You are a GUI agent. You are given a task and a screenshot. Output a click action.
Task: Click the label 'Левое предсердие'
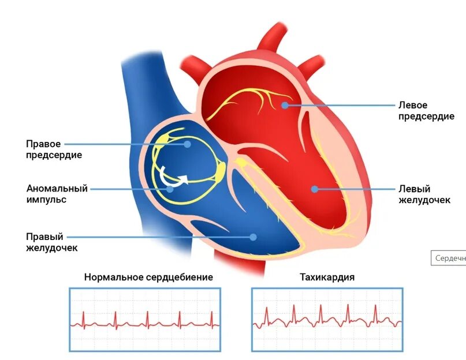point(426,111)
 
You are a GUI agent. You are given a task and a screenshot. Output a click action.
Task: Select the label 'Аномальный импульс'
point(57,194)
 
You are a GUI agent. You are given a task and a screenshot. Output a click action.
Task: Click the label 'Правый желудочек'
point(52,242)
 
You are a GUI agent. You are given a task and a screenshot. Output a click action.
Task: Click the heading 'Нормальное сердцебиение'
point(148,277)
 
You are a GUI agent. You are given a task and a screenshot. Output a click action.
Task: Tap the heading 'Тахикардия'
point(327,277)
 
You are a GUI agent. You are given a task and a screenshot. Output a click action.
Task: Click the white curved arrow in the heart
point(174,179)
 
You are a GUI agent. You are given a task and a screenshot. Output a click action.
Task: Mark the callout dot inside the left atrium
point(285,105)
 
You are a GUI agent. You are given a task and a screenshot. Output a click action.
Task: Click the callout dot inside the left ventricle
point(313,188)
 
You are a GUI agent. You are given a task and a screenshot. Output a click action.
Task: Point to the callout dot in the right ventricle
point(252,236)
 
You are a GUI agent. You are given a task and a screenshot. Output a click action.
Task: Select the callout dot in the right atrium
point(188,144)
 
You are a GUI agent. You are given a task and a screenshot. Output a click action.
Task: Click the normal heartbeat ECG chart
point(144,319)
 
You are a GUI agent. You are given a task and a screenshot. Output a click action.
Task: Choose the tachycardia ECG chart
point(327,319)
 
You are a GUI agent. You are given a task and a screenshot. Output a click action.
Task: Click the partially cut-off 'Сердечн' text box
point(449,258)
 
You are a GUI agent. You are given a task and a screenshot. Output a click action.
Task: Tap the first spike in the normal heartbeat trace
point(84,317)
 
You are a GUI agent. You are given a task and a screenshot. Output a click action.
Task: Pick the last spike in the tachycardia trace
point(375,313)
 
